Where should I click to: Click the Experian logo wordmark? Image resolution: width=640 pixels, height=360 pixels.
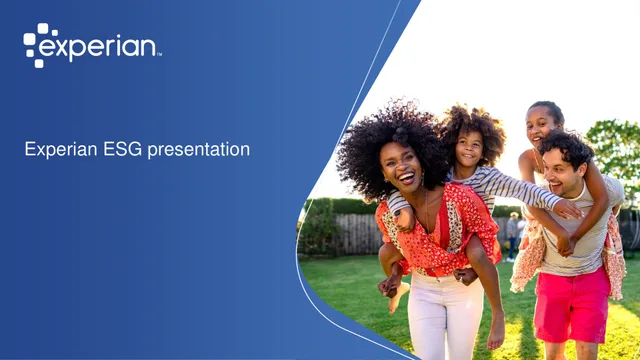tap(98, 48)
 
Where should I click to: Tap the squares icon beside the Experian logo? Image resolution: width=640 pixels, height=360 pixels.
tap(36, 45)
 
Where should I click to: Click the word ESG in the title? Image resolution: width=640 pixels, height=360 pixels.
tap(123, 149)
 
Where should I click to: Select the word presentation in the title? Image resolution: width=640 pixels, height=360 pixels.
tap(198, 150)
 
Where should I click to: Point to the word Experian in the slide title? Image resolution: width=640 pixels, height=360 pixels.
tap(61, 150)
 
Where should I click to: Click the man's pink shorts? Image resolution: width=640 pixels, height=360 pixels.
tap(572, 305)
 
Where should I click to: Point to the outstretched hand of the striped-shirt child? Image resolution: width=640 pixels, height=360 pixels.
tap(570, 209)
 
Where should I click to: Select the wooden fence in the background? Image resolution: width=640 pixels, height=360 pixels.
tap(357, 234)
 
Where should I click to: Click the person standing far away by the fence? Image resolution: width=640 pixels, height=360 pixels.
tap(512, 237)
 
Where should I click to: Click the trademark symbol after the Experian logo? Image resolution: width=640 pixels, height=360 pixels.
tap(159, 54)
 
